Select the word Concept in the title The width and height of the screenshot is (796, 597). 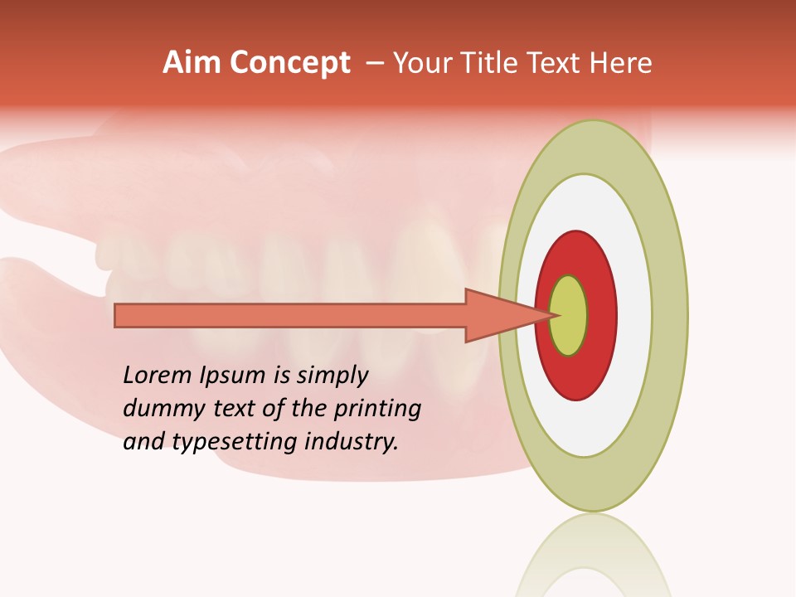289,63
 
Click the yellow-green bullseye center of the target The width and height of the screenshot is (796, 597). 569,316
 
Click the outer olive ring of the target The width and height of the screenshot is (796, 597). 668,316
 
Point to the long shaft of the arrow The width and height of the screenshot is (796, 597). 290,316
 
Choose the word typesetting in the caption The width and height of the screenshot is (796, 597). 236,443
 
